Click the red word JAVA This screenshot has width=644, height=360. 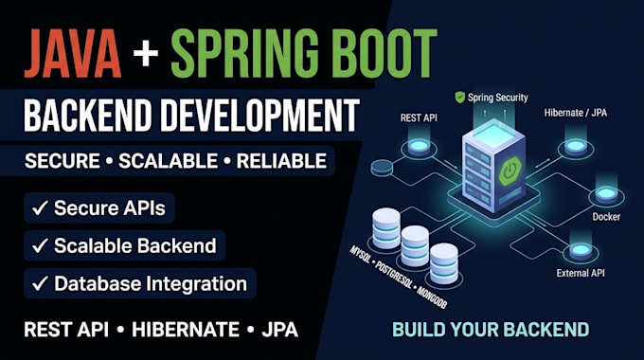coord(73,53)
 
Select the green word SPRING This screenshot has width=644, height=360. coord(244,53)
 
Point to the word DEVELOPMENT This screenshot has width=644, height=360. coord(259,115)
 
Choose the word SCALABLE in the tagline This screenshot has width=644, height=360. coord(168,161)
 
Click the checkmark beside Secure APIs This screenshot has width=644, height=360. coord(40,207)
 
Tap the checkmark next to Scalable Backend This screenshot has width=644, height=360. coord(40,245)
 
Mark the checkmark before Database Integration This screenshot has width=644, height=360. coord(40,283)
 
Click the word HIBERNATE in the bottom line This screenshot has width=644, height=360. coord(186,330)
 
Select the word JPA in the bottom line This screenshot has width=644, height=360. coord(279,330)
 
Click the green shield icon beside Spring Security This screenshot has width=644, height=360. coord(460,98)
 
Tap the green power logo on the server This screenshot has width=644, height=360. coord(510,171)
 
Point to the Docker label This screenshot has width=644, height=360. coord(606,217)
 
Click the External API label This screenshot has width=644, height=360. coord(581,273)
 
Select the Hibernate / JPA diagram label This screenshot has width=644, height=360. coord(576,113)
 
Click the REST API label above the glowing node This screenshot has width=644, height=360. coord(419,117)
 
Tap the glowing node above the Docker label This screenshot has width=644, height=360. coord(606,194)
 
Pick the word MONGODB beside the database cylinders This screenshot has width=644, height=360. coord(432,297)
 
